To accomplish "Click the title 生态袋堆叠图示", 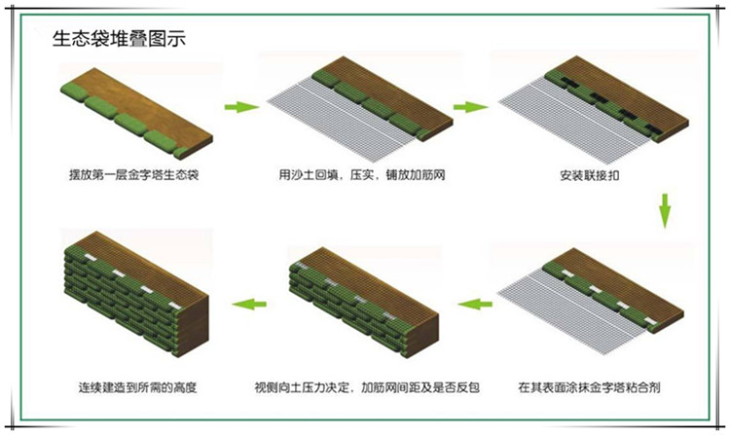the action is pos(119,39).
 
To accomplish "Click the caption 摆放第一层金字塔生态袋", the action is pos(134,175).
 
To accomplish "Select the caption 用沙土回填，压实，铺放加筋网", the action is pos(362,175).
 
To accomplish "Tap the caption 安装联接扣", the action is pos(590,175).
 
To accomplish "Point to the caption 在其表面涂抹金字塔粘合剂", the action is pos(589,387).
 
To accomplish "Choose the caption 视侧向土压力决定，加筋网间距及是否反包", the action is pos(367,387).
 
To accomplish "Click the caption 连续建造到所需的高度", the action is pos(138,387).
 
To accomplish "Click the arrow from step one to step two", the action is pos(241,107).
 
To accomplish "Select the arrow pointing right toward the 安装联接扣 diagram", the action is pos(470,107).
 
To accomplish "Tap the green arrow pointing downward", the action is pos(665,211).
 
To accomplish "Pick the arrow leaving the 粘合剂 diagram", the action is pos(475,305).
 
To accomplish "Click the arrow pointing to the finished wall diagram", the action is pos(249,305).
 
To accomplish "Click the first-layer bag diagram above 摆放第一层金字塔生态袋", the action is pos(137,113).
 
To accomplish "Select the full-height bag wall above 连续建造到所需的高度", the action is pos(136,294).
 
